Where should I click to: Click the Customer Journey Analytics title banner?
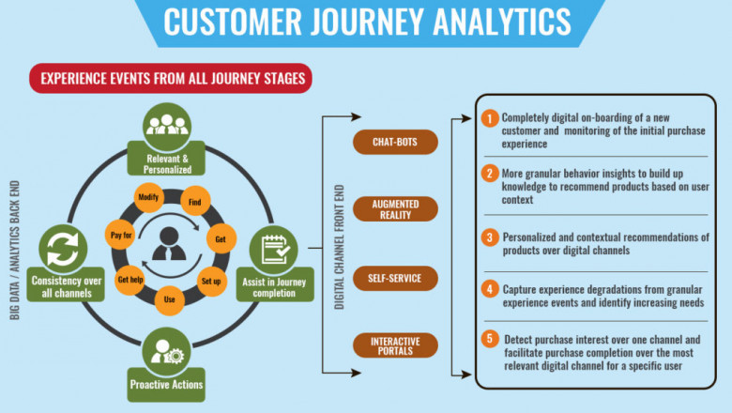(x=367, y=22)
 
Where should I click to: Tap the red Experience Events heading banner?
(x=171, y=79)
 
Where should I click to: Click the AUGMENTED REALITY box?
(x=395, y=208)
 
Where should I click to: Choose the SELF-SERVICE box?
(x=395, y=279)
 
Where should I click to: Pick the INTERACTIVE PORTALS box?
(x=395, y=344)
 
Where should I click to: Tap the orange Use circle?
(x=171, y=299)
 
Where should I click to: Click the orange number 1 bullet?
(x=489, y=119)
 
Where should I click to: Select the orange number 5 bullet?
(x=489, y=338)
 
